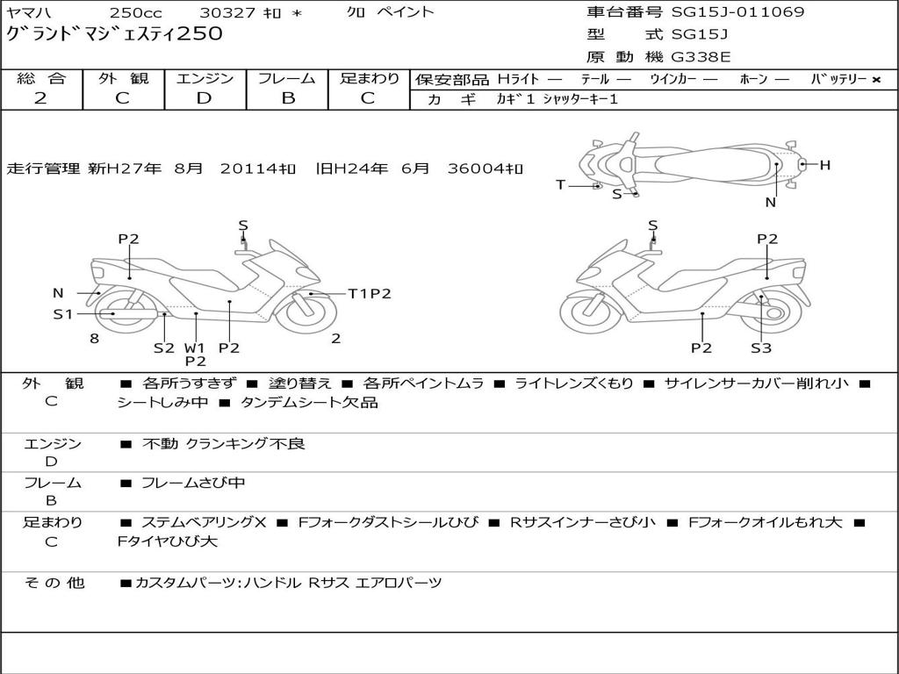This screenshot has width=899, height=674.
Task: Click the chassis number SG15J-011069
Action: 737,12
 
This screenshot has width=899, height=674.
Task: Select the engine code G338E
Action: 701,58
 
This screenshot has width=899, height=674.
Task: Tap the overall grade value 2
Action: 40,98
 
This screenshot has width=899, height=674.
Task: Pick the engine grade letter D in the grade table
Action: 204,98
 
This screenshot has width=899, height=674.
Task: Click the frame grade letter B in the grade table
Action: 287,98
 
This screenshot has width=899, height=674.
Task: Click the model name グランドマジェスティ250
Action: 114,35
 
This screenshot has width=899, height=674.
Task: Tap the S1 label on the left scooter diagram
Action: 63,313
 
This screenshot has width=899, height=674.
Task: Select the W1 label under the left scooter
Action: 194,348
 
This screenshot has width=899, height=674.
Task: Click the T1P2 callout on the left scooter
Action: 369,294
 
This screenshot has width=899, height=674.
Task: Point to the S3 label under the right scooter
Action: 760,348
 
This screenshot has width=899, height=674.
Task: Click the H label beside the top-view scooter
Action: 824,165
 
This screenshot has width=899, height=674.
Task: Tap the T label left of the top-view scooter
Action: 560,184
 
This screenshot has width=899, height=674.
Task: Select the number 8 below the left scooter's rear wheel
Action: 94,338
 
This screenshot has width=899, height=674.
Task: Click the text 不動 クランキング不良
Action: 224,444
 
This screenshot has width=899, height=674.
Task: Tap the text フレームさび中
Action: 193,483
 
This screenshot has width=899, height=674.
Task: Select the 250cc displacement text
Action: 134,12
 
